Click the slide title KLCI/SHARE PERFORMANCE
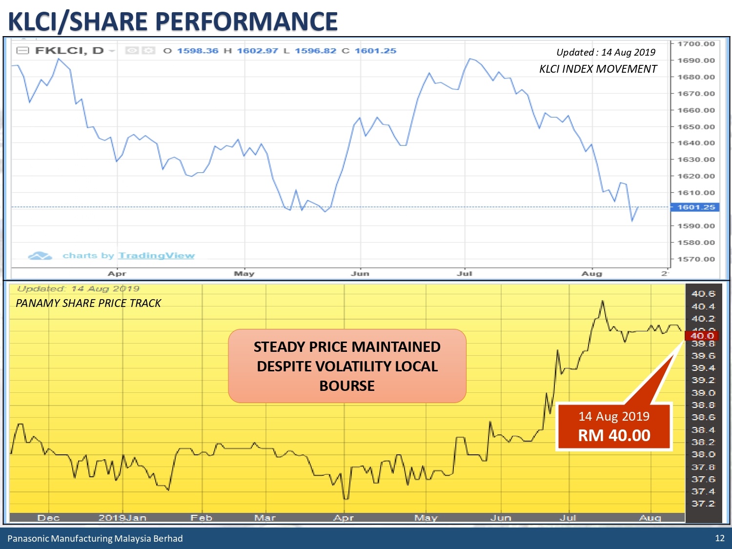pyautogui.click(x=173, y=21)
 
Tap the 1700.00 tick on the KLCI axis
pyautogui.click(x=695, y=44)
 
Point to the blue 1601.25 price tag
pyautogui.click(x=695, y=207)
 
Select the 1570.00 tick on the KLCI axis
pyautogui.click(x=695, y=259)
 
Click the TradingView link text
pyautogui.click(x=156, y=256)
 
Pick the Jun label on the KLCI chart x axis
pyautogui.click(x=360, y=274)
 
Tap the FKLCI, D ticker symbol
pyautogui.click(x=69, y=51)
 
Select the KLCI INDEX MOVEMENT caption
pyautogui.click(x=598, y=69)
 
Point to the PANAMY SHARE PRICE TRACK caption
pyautogui.click(x=88, y=303)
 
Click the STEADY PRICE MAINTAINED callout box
pyautogui.click(x=347, y=366)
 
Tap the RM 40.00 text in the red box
pyautogui.click(x=614, y=435)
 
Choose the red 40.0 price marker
pyautogui.click(x=702, y=336)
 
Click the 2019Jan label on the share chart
pyautogui.click(x=122, y=518)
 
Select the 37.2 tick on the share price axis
pyautogui.click(x=703, y=504)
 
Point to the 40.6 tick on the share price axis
pyautogui.click(x=703, y=294)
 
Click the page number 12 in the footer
pyautogui.click(x=719, y=538)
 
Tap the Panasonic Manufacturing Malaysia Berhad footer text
pyautogui.click(x=95, y=539)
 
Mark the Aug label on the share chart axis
pyautogui.click(x=650, y=518)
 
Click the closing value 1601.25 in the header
pyautogui.click(x=375, y=51)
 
